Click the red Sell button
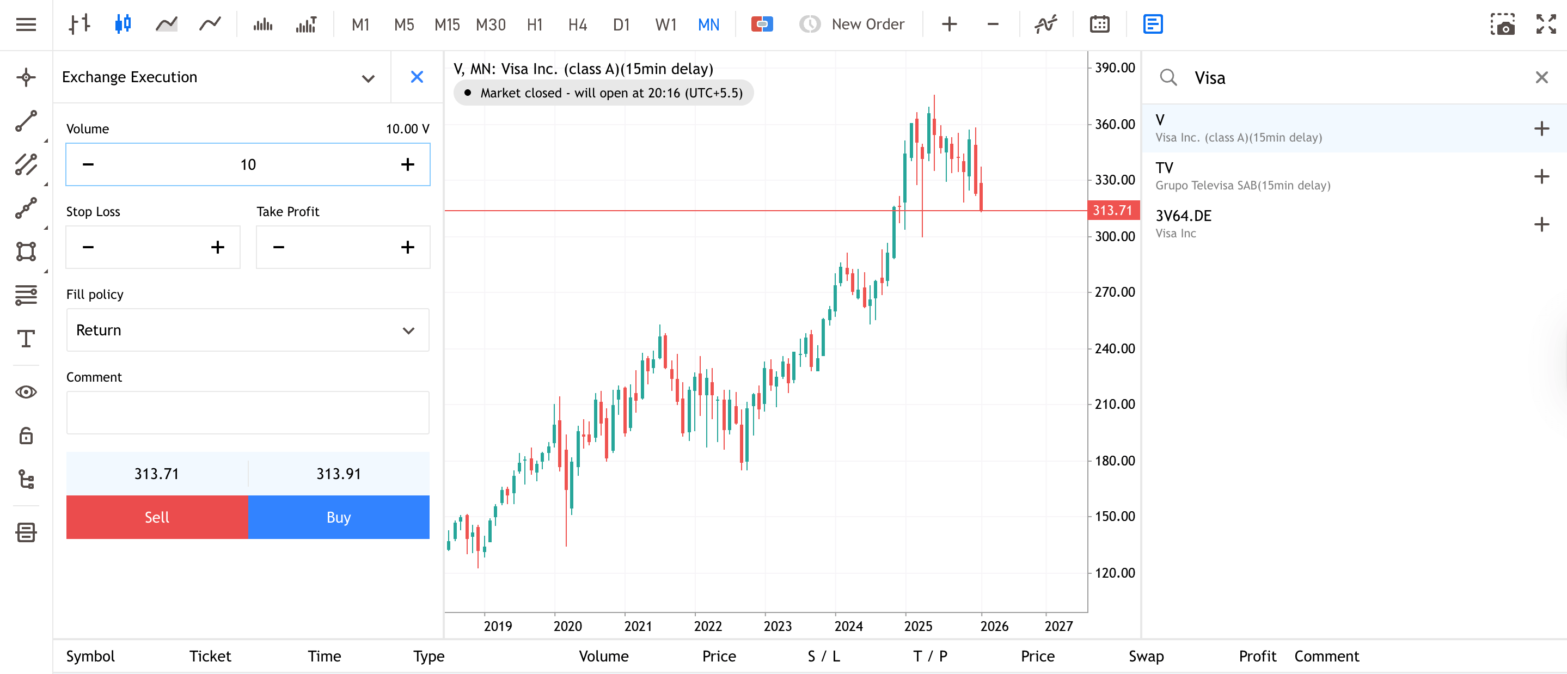[156, 517]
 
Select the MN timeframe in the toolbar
[708, 24]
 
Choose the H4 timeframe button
[577, 24]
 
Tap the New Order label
[867, 24]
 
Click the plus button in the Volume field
[408, 164]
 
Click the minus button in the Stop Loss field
[88, 247]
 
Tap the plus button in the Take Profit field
[408, 247]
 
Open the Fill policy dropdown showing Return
[248, 330]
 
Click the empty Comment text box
[248, 413]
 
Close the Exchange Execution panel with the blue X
[417, 77]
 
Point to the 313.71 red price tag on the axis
[1112, 211]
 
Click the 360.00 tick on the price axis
[1115, 124]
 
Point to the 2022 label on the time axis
[707, 626]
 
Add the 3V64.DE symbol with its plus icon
[1541, 224]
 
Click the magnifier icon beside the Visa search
[1168, 78]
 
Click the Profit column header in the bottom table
[1257, 657]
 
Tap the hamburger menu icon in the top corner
[26, 24]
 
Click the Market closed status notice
[603, 93]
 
